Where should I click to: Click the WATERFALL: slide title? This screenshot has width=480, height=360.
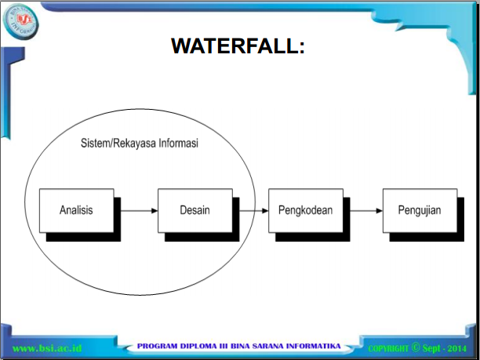tap(238, 46)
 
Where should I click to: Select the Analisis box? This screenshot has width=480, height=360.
tap(76, 210)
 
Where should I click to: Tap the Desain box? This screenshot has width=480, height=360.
tap(195, 210)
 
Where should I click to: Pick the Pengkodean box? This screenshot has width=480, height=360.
tap(305, 210)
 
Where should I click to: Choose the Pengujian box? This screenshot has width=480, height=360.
tap(420, 210)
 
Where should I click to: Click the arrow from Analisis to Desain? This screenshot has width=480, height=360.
tap(136, 210)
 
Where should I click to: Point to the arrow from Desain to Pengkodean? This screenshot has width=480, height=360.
tap(251, 210)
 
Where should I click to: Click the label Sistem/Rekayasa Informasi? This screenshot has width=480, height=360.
tap(140, 145)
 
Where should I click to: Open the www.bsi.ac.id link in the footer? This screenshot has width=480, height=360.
tap(48, 347)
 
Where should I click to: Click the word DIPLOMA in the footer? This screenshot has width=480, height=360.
tap(199, 346)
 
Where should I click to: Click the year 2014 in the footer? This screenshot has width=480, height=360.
tap(458, 347)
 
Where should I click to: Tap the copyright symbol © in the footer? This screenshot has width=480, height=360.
tap(416, 347)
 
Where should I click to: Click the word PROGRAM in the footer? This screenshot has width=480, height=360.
tap(159, 346)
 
